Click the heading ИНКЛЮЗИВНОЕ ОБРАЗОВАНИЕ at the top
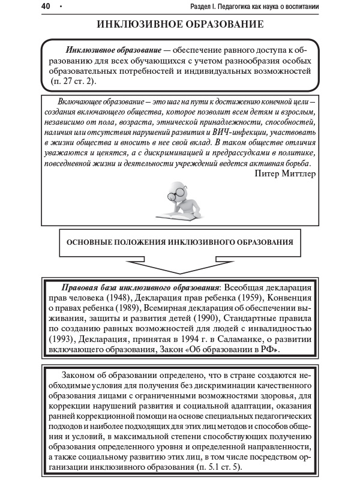click(180, 25)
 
